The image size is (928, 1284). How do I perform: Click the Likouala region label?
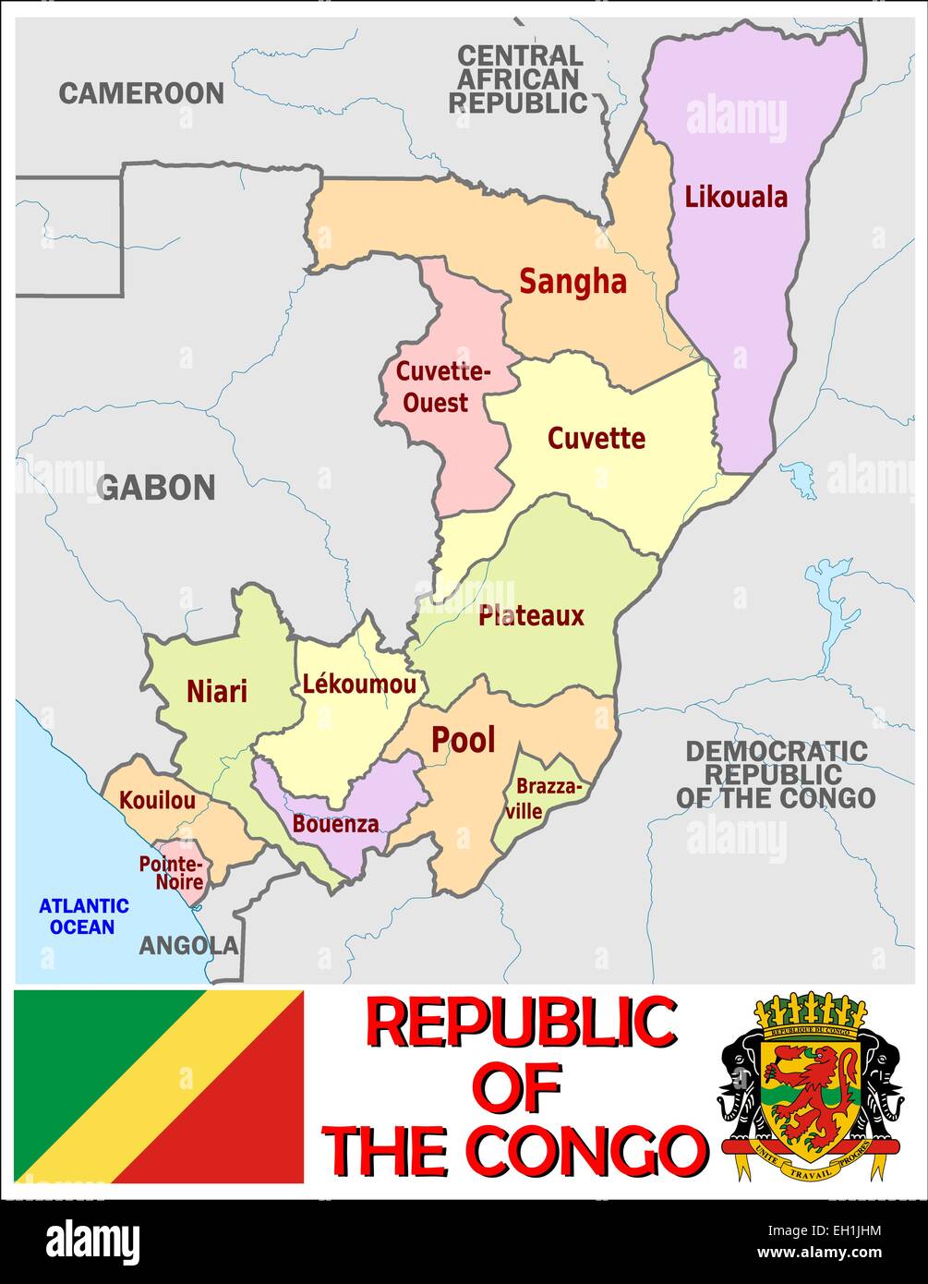[736, 197]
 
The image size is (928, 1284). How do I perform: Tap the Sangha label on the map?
[572, 282]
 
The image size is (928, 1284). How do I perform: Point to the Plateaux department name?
[531, 616]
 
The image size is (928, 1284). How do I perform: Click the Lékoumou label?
[359, 684]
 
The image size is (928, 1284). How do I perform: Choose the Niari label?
[217, 691]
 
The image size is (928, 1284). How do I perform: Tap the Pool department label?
[464, 740]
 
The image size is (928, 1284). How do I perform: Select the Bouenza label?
[335, 824]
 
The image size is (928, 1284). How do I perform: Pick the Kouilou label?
[158, 800]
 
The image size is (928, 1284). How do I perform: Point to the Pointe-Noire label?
[171, 873]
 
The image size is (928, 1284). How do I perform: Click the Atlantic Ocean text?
[83, 916]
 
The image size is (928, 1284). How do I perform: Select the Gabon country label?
[157, 487]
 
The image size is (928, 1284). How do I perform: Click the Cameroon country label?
[141, 93]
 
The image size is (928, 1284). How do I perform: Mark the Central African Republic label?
[519, 79]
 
